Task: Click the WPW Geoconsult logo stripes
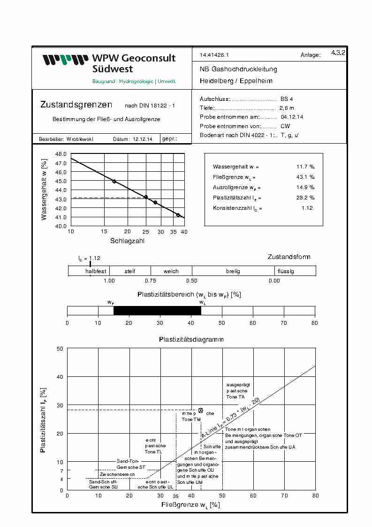[66, 60]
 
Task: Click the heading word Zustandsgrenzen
[76, 105]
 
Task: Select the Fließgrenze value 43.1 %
[305, 177]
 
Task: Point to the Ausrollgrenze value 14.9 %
[305, 187]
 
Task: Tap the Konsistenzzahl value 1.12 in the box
[307, 208]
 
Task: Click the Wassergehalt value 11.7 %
[305, 167]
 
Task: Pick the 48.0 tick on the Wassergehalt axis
[61, 154]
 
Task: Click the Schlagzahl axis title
[127, 241]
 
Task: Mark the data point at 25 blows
[146, 197]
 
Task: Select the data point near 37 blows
[178, 215]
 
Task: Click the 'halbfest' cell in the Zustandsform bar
[96, 271]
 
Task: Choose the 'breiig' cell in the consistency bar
[233, 271]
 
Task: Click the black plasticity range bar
[157, 311]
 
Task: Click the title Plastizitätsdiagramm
[191, 339]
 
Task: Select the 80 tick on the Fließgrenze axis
[315, 495]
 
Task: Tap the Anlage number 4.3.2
[338, 53]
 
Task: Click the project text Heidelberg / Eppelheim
[236, 81]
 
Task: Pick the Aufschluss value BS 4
[287, 99]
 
